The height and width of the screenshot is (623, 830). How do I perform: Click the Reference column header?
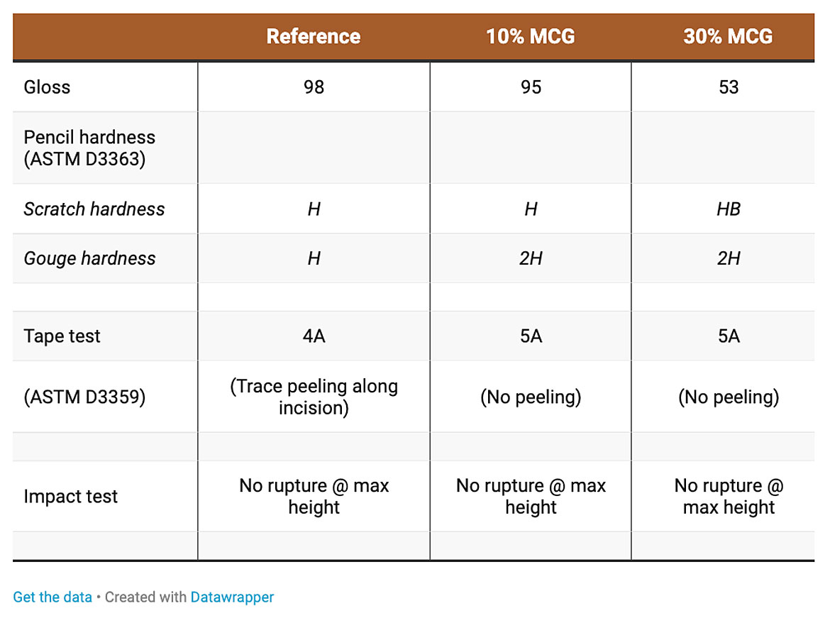click(314, 36)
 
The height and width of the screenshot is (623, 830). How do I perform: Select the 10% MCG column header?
click(531, 36)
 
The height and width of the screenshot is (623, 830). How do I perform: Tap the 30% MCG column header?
click(728, 36)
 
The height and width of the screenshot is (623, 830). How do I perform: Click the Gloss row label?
click(47, 87)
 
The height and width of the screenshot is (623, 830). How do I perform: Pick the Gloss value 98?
click(314, 87)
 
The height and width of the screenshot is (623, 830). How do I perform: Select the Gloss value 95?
click(531, 87)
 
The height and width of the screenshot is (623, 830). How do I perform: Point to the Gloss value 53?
click(729, 87)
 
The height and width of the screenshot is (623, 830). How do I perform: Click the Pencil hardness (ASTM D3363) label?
click(89, 148)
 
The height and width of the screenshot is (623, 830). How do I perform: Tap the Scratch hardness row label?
click(94, 209)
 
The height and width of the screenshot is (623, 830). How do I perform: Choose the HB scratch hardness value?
click(729, 209)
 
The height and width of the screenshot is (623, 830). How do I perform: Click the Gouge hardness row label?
click(89, 258)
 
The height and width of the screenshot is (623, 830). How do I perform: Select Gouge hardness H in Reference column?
click(314, 258)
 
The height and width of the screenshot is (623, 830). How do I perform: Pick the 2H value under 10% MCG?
click(531, 258)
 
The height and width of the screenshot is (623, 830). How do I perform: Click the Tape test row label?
click(62, 336)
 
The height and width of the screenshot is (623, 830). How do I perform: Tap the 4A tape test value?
click(314, 336)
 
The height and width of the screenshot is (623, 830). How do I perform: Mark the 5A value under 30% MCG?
click(729, 336)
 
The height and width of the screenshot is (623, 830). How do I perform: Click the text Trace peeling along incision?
click(314, 397)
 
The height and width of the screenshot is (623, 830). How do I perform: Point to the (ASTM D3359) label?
click(84, 397)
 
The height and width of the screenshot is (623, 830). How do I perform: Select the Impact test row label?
click(70, 496)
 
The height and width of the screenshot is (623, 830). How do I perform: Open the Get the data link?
click(52, 597)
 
